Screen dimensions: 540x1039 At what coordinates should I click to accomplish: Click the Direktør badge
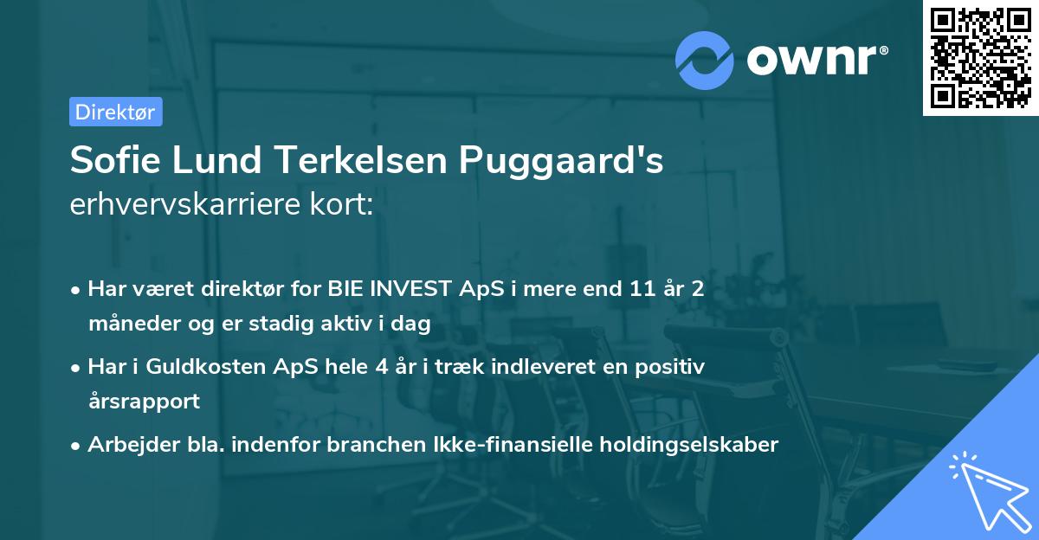point(115,112)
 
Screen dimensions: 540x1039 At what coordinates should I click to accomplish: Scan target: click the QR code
point(980,58)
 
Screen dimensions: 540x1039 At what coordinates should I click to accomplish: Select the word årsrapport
point(144,401)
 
